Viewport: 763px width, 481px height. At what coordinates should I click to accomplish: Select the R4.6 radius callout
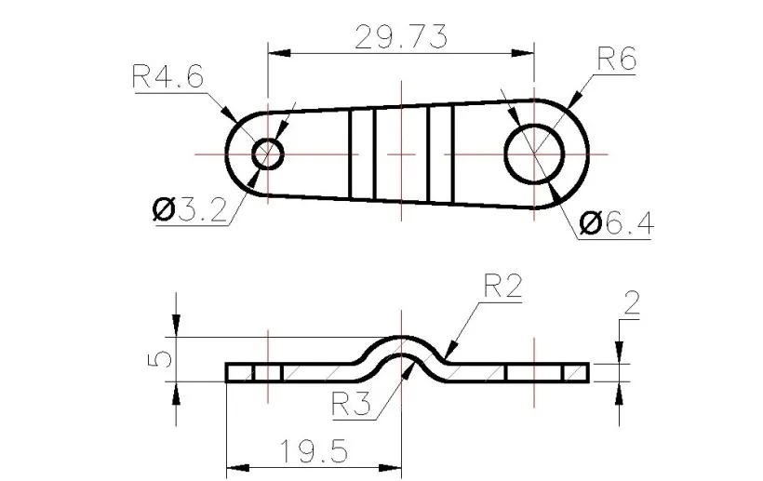167,76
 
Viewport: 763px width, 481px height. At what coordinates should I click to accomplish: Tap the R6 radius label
615,61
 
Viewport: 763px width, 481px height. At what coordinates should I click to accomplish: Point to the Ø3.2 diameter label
190,210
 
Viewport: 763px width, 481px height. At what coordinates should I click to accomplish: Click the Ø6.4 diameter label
616,222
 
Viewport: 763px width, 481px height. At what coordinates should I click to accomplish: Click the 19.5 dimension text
313,452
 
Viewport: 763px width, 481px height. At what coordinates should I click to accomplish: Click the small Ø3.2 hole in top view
268,153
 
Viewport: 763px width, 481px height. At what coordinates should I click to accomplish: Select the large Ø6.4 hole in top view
535,153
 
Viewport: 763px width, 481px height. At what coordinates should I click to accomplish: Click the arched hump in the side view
401,345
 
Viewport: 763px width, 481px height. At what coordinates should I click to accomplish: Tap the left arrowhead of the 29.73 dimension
275,53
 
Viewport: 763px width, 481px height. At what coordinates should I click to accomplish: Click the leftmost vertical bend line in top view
351,153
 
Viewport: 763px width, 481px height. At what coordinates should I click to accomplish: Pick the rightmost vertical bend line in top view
452,153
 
